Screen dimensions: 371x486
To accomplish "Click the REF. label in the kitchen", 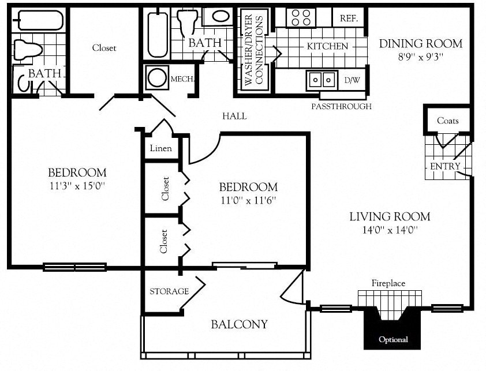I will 349,18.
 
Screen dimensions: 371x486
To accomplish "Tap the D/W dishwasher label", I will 352,80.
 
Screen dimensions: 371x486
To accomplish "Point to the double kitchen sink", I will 322,79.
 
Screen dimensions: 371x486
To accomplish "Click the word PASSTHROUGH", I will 341,106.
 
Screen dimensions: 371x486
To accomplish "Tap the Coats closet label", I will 448,121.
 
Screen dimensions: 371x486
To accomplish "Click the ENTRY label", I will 445,166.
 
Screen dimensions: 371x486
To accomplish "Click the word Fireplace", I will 388,283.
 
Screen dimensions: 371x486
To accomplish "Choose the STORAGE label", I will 169,291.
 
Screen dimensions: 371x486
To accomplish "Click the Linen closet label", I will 160,148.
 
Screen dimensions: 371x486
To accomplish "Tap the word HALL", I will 234,116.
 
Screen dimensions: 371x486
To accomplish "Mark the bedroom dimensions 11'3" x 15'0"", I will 77,186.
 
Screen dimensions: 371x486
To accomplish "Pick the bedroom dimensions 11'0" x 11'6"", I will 248,200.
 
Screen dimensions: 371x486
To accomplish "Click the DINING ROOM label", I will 420,44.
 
